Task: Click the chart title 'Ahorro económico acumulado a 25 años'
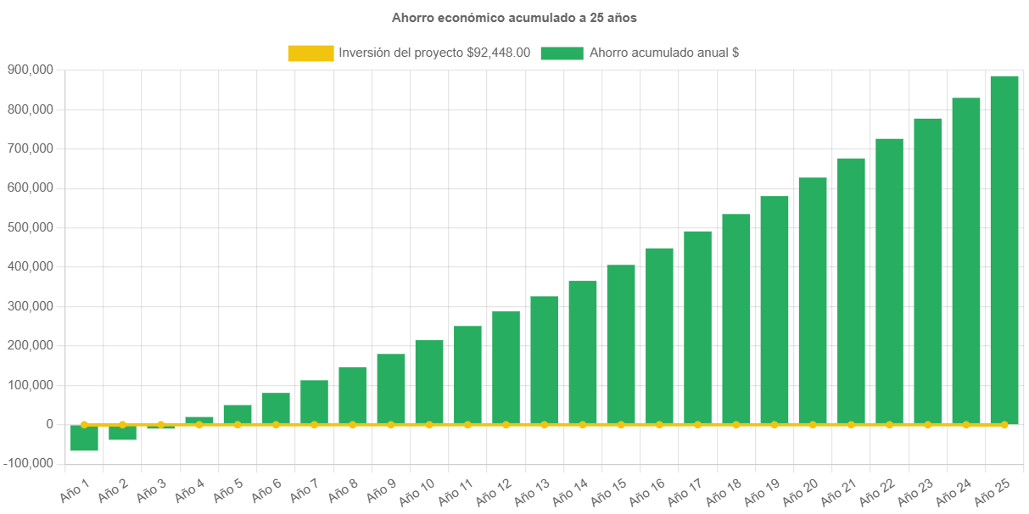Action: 514,17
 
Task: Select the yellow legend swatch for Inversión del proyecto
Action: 310,53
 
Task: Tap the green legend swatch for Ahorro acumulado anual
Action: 562,53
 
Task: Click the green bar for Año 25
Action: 1004,250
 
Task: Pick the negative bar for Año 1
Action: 84,439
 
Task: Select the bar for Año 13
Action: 544,360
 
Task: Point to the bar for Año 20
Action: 812,300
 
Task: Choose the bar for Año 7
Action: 314,401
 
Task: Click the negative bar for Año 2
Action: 122,433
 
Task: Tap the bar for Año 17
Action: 697,327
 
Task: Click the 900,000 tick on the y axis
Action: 30,70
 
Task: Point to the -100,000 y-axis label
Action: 27,463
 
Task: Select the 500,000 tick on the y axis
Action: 30,227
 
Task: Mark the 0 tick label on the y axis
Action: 50,424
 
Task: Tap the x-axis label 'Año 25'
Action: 993,489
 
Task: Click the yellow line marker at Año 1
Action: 84,424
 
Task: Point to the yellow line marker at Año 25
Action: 1004,424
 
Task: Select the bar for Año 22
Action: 889,281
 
